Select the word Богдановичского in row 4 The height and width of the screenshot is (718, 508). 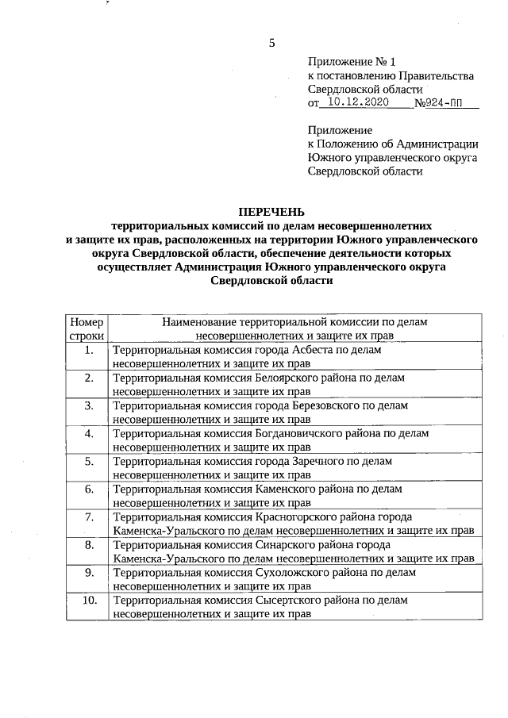tap(299, 433)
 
